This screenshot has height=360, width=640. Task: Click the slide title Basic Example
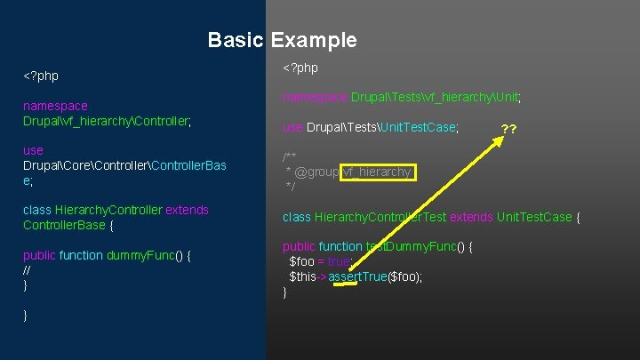pos(282,40)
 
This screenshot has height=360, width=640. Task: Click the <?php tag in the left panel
pos(41,76)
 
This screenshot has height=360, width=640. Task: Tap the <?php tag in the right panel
pos(300,68)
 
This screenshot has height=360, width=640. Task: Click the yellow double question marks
pos(509,129)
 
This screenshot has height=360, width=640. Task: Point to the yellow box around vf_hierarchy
pos(377,172)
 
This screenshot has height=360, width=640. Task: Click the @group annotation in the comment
pos(316,172)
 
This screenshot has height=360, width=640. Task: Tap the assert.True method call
pos(358,276)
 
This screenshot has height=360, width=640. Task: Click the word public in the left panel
pos(39,255)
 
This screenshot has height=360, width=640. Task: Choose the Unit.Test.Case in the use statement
pos(418,128)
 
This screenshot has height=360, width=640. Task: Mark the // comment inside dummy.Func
pos(27,270)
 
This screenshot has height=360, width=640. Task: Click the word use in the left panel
pos(33,150)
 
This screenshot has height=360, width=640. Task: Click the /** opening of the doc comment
pos(290,156)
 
